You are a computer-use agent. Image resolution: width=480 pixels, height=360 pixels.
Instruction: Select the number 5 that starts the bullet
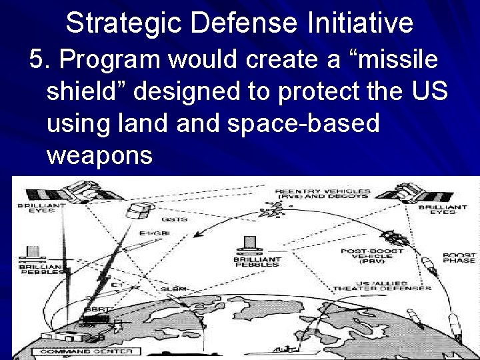click(x=37, y=60)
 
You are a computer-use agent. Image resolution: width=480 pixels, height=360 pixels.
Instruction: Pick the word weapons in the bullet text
click(x=100, y=155)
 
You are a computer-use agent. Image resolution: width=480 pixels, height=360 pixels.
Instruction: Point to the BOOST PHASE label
click(x=460, y=258)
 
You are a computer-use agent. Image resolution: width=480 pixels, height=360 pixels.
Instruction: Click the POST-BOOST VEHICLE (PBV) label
click(x=361, y=257)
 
